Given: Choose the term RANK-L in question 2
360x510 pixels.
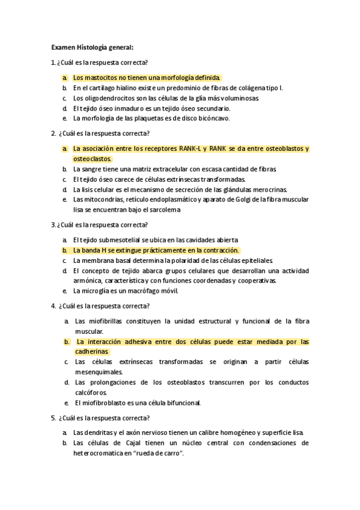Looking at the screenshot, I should click(191, 149).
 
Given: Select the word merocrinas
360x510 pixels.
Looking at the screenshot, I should click(270, 189).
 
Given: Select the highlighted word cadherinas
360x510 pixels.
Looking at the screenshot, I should click(91, 352).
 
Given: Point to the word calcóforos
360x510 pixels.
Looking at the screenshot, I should click(90, 393).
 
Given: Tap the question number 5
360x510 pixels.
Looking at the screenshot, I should click(53, 418).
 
